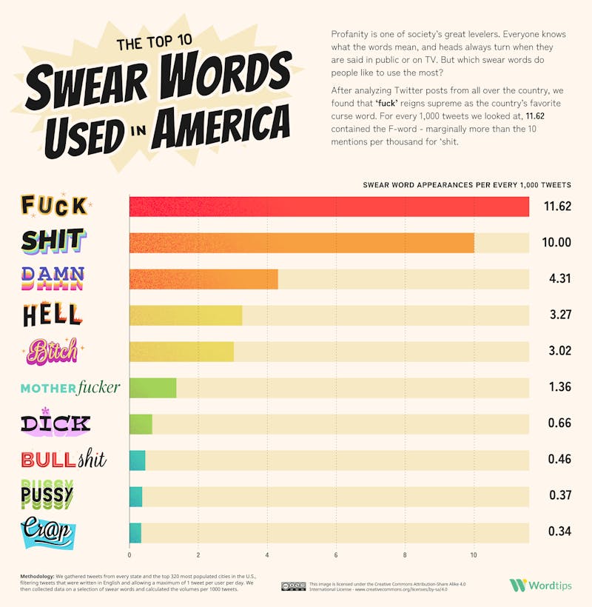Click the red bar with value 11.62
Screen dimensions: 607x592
(x=329, y=207)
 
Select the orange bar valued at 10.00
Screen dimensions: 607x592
(x=302, y=243)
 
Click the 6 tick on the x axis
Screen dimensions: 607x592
(x=336, y=555)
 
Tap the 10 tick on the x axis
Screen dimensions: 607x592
(x=474, y=555)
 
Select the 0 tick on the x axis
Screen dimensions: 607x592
(x=129, y=555)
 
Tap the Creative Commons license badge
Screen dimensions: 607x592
(x=293, y=586)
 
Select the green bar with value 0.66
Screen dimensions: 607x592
(x=141, y=424)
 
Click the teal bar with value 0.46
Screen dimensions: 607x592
(x=137, y=460)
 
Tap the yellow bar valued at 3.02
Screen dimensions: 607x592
(x=181, y=352)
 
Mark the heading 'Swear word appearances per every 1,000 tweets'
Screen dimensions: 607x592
(x=466, y=184)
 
